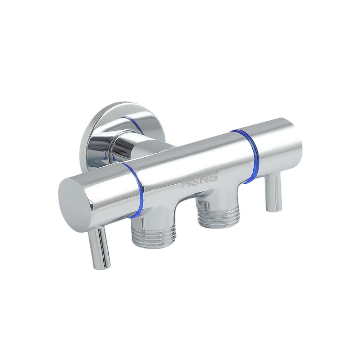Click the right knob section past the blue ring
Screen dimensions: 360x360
tap(277, 148)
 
